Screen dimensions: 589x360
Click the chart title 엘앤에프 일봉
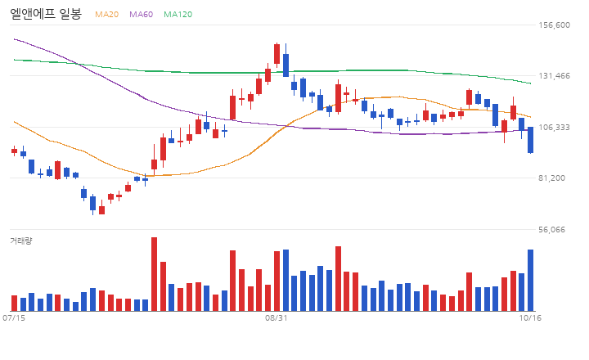pos(46,14)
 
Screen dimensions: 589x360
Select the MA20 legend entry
pos(106,14)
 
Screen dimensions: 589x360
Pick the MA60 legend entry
pos(142,14)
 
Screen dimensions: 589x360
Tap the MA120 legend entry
pos(178,14)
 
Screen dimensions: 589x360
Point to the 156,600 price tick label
pos(554,25)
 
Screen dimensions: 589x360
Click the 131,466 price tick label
pos(554,76)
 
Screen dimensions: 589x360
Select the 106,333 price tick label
pos(554,128)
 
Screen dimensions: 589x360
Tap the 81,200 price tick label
pos(551,178)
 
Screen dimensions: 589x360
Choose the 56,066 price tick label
pos(551,230)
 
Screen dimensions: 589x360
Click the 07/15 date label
pos(14,318)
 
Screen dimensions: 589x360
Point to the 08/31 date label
pos(277,318)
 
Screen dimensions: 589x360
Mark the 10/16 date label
pos(530,318)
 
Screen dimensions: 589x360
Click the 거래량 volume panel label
pos(21,241)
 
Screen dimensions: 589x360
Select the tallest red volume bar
pos(154,274)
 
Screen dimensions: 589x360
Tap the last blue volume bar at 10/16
pos(530,280)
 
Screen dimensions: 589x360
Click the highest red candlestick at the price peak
pos(277,54)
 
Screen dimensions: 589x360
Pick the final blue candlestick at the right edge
pos(530,140)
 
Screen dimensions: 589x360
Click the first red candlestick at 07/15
pos(14,151)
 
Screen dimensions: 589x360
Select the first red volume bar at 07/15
pos(14,303)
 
